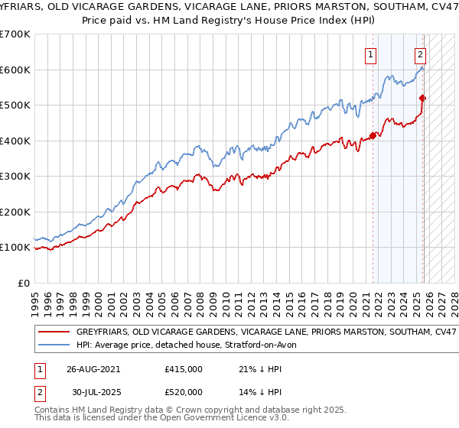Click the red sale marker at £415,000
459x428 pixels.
(373, 135)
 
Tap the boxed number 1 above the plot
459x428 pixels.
(371, 54)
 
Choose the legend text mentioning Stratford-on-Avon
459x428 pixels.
(191, 345)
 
